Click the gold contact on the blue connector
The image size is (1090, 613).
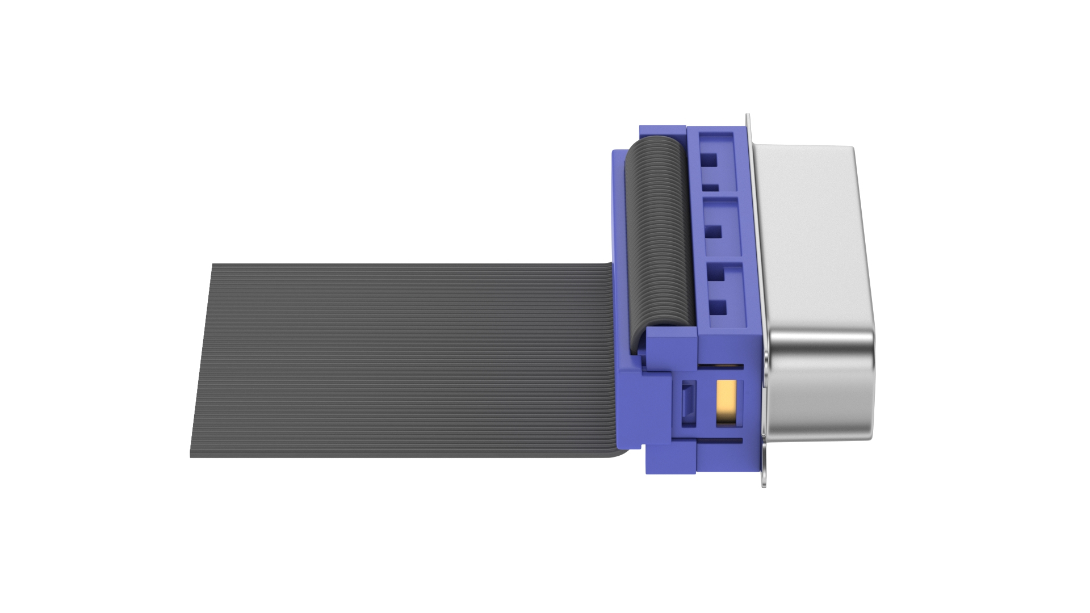click(x=727, y=402)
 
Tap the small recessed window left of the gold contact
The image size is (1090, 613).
click(x=688, y=402)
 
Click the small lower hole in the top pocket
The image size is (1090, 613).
click(x=710, y=187)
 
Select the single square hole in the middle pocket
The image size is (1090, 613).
click(x=714, y=232)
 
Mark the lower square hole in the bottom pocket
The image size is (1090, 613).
click(x=719, y=308)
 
